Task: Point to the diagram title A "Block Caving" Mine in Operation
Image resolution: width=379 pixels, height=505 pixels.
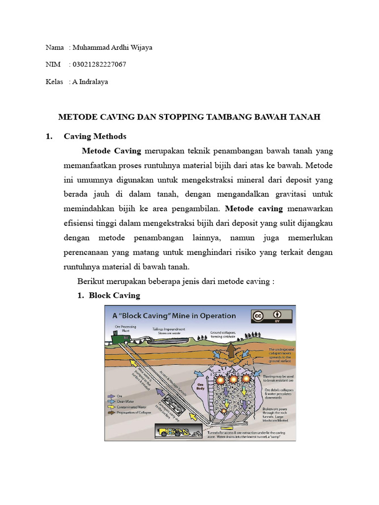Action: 174,316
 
